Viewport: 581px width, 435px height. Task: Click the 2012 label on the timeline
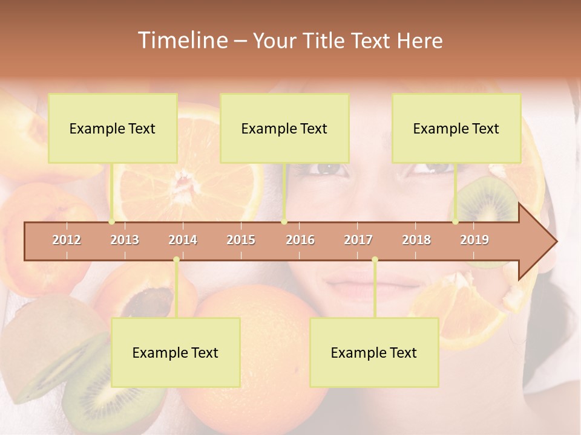tap(67, 240)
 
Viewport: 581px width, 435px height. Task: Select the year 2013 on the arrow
tap(125, 240)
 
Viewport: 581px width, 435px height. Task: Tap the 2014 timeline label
tap(183, 240)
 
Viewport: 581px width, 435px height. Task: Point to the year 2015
tap(241, 240)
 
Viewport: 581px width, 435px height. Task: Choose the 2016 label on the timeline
tap(300, 240)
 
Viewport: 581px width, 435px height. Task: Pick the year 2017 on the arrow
tap(358, 240)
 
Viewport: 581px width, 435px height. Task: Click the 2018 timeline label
tap(416, 240)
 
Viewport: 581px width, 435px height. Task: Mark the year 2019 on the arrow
tap(474, 240)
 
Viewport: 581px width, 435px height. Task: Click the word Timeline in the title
tap(182, 40)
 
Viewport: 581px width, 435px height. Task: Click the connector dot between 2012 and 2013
tap(112, 222)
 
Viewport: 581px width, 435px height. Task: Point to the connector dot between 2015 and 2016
tap(284, 222)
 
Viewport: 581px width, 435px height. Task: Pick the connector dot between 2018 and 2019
tap(456, 222)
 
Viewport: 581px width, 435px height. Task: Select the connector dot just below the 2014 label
tap(176, 260)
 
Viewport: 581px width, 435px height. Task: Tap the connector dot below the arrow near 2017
tap(375, 260)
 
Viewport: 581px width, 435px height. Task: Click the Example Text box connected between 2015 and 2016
tap(284, 128)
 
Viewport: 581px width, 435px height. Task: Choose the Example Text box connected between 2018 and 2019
tap(456, 128)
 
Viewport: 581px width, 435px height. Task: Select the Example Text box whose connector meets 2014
tap(176, 352)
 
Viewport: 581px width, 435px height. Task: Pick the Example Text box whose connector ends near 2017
tap(374, 352)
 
